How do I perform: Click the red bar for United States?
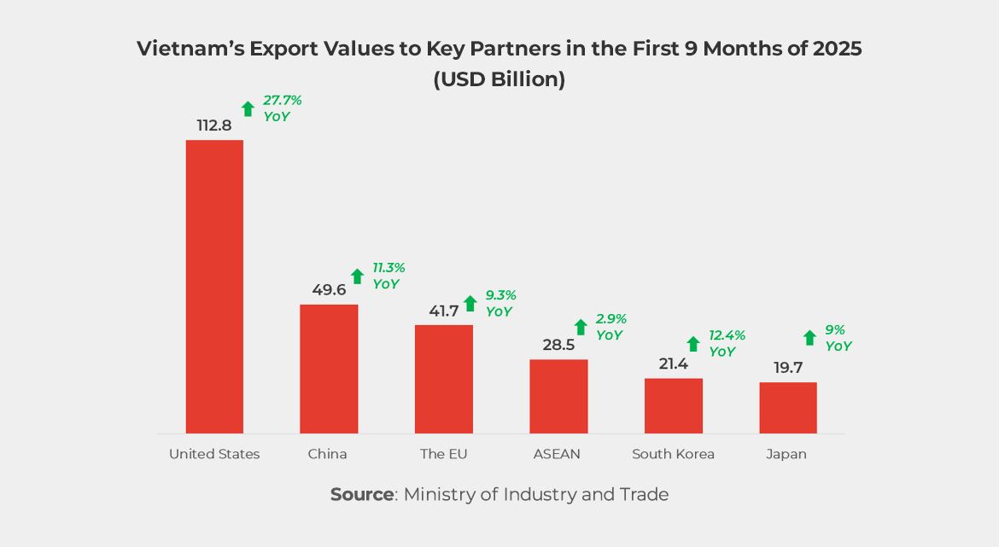pyautogui.click(x=214, y=287)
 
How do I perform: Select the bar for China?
pyautogui.click(x=329, y=369)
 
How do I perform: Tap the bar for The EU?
pyautogui.click(x=443, y=379)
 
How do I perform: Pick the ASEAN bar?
pyautogui.click(x=558, y=396)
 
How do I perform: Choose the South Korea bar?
pyautogui.click(x=673, y=405)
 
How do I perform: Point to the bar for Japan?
pyautogui.click(x=788, y=408)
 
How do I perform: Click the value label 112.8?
pyautogui.click(x=214, y=125)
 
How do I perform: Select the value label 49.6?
pyautogui.click(x=329, y=290)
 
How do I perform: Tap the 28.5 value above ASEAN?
pyautogui.click(x=558, y=346)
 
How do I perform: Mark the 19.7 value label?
pyautogui.click(x=788, y=368)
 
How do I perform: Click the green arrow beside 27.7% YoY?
pyautogui.click(x=248, y=108)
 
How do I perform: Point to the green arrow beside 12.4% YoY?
pyautogui.click(x=693, y=344)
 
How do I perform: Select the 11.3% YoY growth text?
pyautogui.click(x=388, y=276)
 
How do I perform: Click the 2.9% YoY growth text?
pyautogui.click(x=611, y=327)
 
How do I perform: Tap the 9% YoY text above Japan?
pyautogui.click(x=838, y=338)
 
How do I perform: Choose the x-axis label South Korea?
pyautogui.click(x=673, y=454)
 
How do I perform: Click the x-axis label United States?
pyautogui.click(x=214, y=454)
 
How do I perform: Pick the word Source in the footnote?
pyautogui.click(x=361, y=495)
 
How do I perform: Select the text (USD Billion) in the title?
pyautogui.click(x=499, y=79)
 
